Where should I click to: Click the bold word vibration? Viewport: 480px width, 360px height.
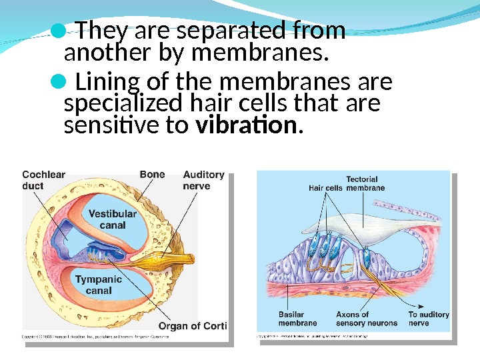247,125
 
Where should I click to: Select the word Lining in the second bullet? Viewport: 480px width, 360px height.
105,83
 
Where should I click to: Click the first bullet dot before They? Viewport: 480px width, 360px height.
59,29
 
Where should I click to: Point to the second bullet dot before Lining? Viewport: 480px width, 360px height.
59,83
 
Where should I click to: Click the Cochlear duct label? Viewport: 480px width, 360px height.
43,180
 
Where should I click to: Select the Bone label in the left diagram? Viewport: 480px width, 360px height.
152,175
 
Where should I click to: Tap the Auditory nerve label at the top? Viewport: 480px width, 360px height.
203,180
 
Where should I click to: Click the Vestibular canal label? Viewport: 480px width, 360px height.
112,219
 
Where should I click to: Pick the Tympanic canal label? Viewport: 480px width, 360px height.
99,285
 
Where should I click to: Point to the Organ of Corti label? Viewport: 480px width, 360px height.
193,326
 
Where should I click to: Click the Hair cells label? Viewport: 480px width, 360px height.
325,188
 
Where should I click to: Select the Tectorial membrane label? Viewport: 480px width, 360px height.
365,183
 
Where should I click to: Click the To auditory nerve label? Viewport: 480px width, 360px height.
428,319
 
